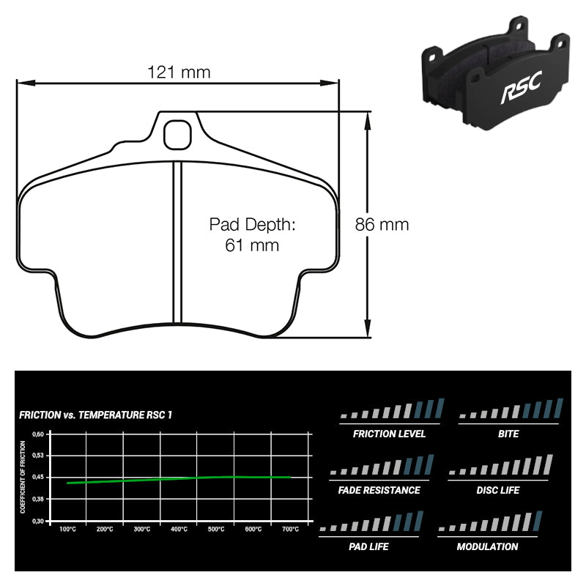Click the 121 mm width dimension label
(x=179, y=72)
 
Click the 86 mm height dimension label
(x=382, y=225)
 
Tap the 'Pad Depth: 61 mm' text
(x=252, y=234)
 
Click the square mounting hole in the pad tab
(x=176, y=134)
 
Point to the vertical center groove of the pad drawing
(x=176, y=242)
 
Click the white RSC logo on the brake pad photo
(x=520, y=91)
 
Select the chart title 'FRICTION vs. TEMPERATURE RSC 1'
(x=95, y=415)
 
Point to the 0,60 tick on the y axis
(x=39, y=434)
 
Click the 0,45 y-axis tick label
(x=39, y=477)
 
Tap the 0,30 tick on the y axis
(x=39, y=520)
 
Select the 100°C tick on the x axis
(x=67, y=529)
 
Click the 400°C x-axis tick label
(x=179, y=529)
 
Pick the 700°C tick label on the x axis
(x=290, y=529)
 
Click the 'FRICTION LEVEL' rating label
(x=389, y=434)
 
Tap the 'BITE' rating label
(x=508, y=434)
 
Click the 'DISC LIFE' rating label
(x=497, y=490)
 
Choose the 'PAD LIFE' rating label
(x=368, y=546)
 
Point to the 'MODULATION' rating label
(x=487, y=546)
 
